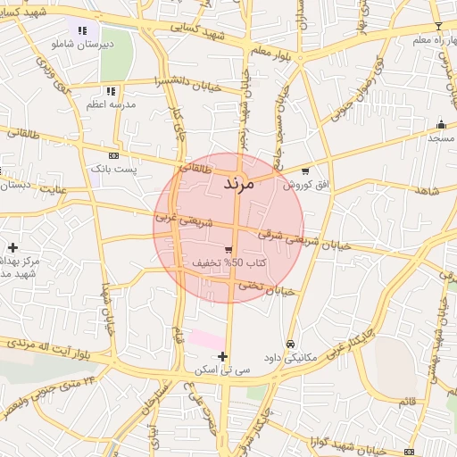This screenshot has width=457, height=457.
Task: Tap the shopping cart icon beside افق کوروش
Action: click(306, 170)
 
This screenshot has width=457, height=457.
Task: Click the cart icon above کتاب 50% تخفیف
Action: click(229, 249)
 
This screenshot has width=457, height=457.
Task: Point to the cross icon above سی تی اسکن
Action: click(223, 356)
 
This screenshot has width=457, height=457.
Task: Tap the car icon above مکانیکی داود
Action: click(291, 344)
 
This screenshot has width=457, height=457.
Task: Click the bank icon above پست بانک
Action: click(112, 154)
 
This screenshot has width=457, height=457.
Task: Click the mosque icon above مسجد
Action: click(441, 125)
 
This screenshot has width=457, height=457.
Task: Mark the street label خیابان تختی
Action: click(271, 289)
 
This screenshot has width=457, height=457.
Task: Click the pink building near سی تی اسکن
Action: click(207, 340)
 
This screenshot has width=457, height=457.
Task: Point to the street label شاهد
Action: click(428, 191)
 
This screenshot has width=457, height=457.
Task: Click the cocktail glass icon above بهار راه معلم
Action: click(437, 27)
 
